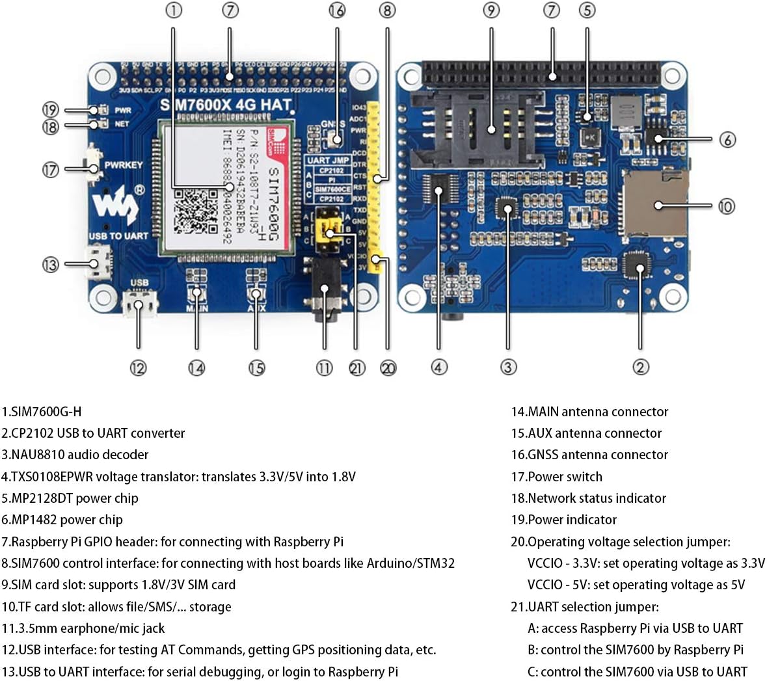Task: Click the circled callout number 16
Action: click(336, 10)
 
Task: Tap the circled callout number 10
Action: click(726, 206)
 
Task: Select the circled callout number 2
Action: click(640, 367)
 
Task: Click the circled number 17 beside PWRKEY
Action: click(50, 170)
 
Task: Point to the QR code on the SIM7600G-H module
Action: click(196, 211)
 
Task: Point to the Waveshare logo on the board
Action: click(116, 205)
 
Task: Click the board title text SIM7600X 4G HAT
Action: click(225, 105)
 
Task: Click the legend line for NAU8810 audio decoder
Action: click(75, 455)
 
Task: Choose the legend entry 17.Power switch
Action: click(556, 477)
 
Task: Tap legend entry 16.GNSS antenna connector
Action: click(589, 455)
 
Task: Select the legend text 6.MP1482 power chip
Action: click(62, 520)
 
